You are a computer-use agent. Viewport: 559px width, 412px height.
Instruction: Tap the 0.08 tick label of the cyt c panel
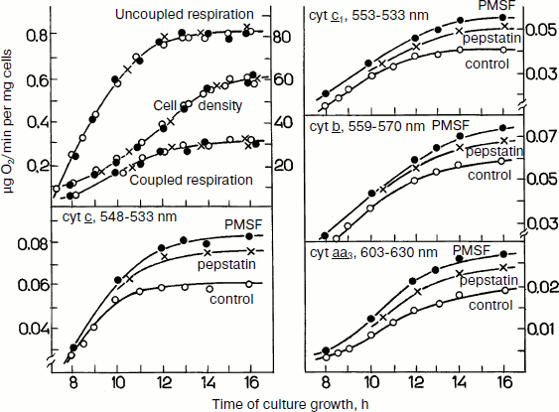(x=30, y=242)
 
